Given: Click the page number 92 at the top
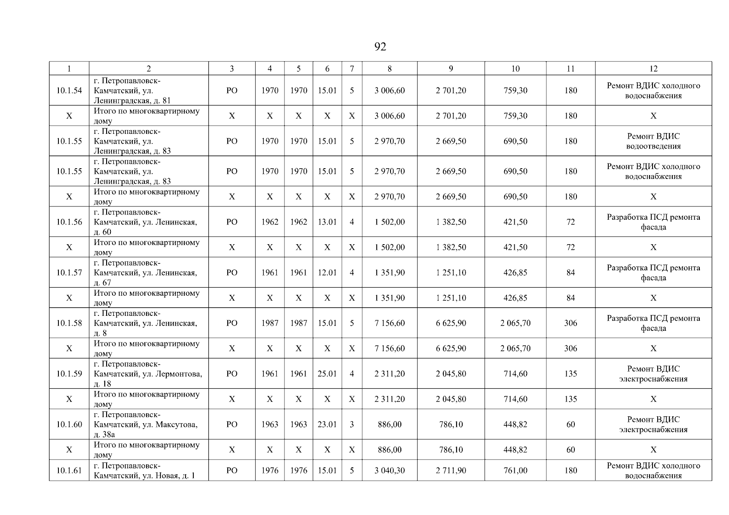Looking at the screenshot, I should pyautogui.click(x=380, y=47).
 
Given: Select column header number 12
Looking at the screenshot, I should pyautogui.click(x=653, y=69).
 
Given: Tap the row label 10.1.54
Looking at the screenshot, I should pyautogui.click(x=69, y=91).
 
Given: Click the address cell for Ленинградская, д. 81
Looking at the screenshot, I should pyautogui.click(x=148, y=91).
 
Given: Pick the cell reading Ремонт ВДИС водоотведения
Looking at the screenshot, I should pyautogui.click(x=653, y=141).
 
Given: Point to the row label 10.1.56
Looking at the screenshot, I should pyautogui.click(x=69, y=222).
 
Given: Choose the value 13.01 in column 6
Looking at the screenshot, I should pyautogui.click(x=327, y=222).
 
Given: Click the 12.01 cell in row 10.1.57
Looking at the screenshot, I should pyautogui.click(x=327, y=273).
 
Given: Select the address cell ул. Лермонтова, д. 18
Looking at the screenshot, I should pyautogui.click(x=148, y=374).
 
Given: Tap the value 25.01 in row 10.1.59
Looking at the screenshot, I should pyautogui.click(x=327, y=374).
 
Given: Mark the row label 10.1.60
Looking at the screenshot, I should pyautogui.click(x=69, y=424).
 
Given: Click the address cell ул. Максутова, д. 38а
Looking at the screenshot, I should pyautogui.click(x=148, y=424).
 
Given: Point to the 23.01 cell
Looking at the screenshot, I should pyautogui.click(x=327, y=424).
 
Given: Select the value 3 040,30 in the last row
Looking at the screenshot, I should pyautogui.click(x=390, y=471).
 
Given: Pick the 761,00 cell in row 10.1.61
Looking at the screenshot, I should pyautogui.click(x=515, y=471).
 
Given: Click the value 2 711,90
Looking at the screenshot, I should pyautogui.click(x=451, y=471).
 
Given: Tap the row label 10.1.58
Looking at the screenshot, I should pyautogui.click(x=69, y=323).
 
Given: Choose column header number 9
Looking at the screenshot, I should pyautogui.click(x=451, y=69).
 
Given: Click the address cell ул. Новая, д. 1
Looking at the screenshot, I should pyautogui.click(x=148, y=471).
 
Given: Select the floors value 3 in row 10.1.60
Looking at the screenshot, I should pyautogui.click(x=352, y=424).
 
